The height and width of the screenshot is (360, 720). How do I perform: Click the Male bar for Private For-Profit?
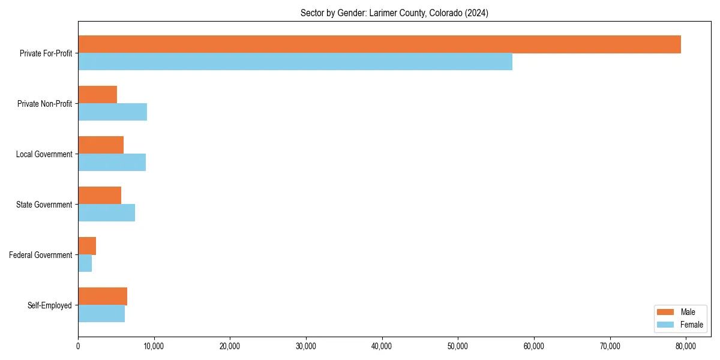(x=379, y=44)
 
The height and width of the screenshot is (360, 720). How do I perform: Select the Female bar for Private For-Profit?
(x=295, y=62)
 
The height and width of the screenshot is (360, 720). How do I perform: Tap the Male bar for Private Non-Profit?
(x=97, y=95)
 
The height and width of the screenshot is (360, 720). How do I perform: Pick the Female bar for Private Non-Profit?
(x=112, y=112)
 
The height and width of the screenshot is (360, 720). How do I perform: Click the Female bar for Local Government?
(x=112, y=163)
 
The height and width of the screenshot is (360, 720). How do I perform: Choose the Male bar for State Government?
(x=100, y=196)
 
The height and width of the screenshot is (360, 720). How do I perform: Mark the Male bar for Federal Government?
(x=87, y=246)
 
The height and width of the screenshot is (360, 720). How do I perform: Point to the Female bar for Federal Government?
(x=85, y=263)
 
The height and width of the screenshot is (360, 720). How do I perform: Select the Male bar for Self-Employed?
(x=103, y=296)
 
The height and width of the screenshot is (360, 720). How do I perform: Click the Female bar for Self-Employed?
(x=101, y=314)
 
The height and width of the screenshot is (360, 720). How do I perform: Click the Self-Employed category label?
(x=50, y=305)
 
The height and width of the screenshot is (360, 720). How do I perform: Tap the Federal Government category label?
(x=41, y=255)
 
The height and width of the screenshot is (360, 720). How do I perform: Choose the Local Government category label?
(x=44, y=154)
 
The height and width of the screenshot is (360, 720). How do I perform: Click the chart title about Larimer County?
(x=394, y=13)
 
